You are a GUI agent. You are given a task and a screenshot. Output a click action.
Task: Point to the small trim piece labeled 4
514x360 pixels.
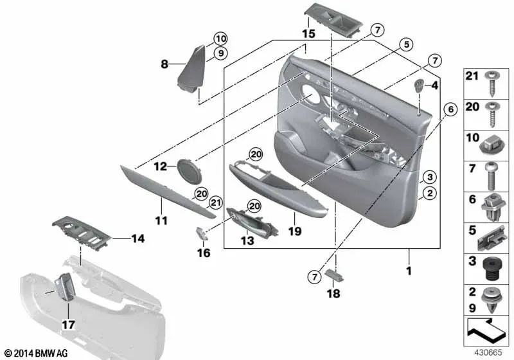click(x=419, y=85)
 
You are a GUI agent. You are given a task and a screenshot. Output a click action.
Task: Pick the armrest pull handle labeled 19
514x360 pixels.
click(x=267, y=186)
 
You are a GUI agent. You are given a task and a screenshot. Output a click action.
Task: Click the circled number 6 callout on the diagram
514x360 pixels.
click(x=450, y=110)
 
